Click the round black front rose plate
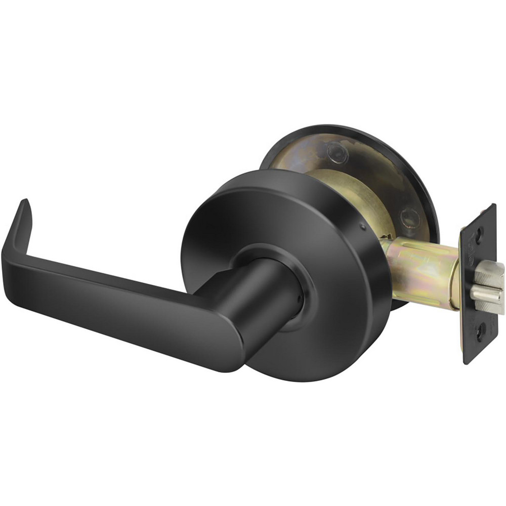point(324,213)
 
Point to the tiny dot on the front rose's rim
point(363,227)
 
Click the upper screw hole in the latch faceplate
point(479,233)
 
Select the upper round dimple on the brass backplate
point(336,151)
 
